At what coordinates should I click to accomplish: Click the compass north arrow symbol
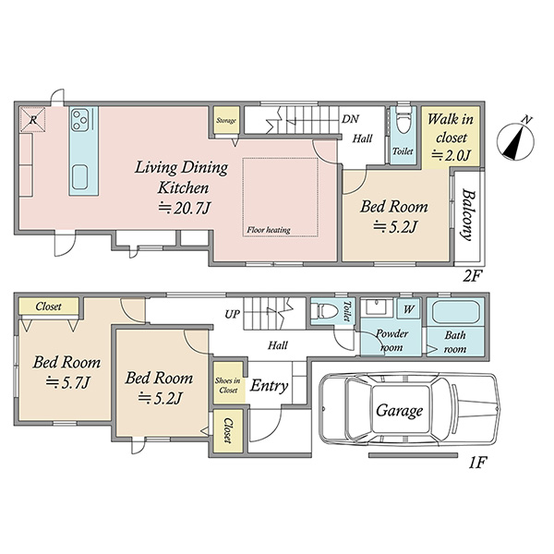click(515, 140)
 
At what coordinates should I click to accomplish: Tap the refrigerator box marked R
click(32, 119)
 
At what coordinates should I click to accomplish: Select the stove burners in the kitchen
click(79, 120)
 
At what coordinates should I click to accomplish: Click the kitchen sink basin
click(79, 177)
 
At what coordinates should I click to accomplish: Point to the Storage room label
click(226, 120)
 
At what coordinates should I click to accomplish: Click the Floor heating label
click(269, 230)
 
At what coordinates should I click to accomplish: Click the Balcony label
click(468, 215)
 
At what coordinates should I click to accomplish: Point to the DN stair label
click(350, 119)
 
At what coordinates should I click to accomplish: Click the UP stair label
click(232, 314)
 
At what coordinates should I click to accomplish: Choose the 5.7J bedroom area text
click(68, 382)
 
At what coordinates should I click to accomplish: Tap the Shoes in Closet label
click(228, 385)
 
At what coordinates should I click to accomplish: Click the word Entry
click(269, 386)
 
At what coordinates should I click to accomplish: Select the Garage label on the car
click(399, 411)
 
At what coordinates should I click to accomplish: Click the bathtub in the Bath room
click(455, 312)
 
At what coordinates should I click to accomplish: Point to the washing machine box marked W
click(409, 309)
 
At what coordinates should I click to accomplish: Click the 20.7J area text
click(184, 208)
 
